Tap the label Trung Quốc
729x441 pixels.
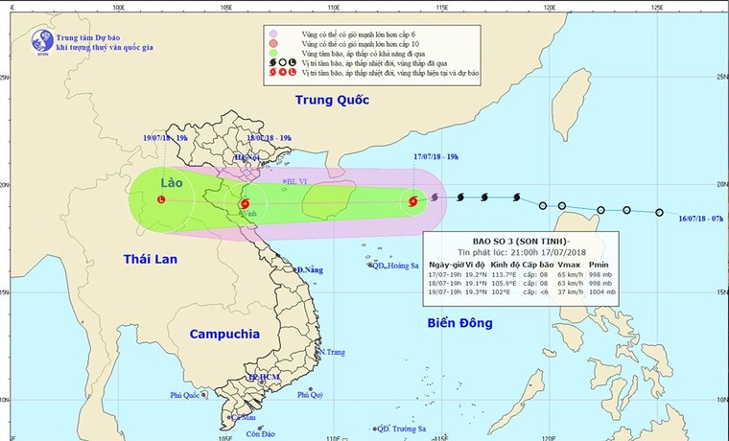(333, 100)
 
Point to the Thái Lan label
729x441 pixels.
(153, 258)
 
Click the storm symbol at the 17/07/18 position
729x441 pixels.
(413, 202)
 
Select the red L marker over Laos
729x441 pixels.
(160, 199)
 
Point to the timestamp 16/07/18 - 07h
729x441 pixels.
(694, 220)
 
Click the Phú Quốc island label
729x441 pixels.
(189, 395)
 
